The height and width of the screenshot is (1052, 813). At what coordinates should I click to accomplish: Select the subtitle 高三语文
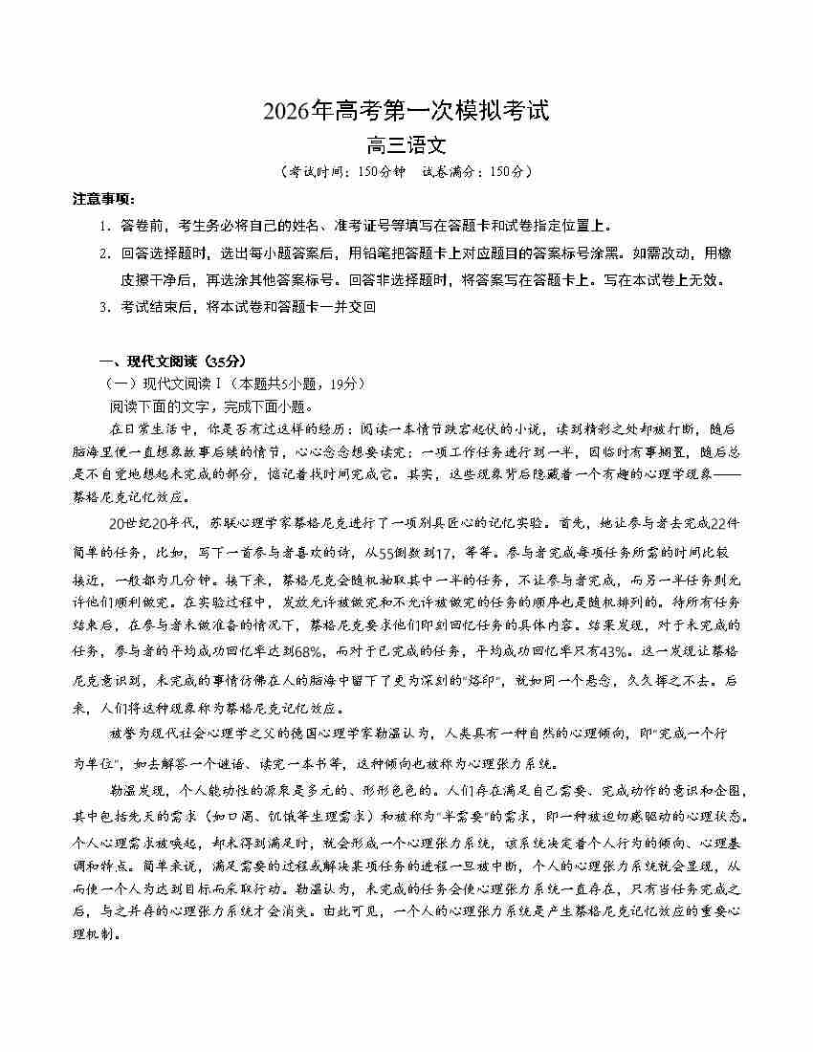click(x=406, y=146)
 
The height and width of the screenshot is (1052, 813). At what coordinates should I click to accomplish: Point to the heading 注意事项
click(x=104, y=199)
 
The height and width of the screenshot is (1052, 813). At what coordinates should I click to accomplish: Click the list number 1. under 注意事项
click(x=105, y=227)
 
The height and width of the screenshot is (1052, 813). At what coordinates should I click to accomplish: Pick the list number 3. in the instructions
click(x=105, y=307)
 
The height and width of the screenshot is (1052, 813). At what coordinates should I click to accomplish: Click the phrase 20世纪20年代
click(x=153, y=524)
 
